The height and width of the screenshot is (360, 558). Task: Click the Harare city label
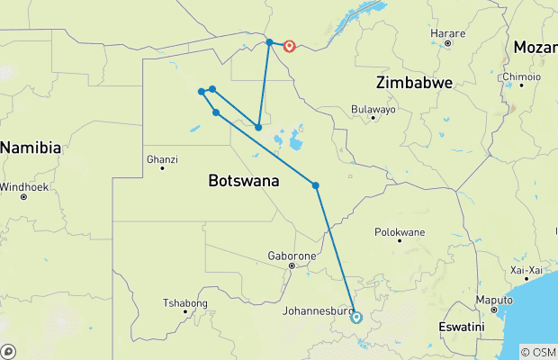point(447,33)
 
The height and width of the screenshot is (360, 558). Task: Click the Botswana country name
point(244,181)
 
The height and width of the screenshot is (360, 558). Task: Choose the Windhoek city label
point(22,186)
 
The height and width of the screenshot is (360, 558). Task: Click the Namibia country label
point(31,147)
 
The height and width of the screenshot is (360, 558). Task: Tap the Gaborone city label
point(290,256)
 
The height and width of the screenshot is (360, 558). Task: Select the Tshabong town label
point(185,302)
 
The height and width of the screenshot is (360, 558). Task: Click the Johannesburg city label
point(314,311)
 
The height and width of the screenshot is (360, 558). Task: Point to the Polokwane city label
point(399,232)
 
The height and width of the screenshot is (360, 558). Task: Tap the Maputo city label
point(493,300)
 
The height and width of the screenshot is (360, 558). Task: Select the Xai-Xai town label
point(526,269)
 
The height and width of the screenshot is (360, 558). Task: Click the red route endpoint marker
point(290,46)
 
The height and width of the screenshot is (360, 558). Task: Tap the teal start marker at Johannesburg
point(356,317)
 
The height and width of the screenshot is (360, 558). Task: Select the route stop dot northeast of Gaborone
point(316,185)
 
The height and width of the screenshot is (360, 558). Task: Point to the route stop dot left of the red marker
point(269,42)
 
